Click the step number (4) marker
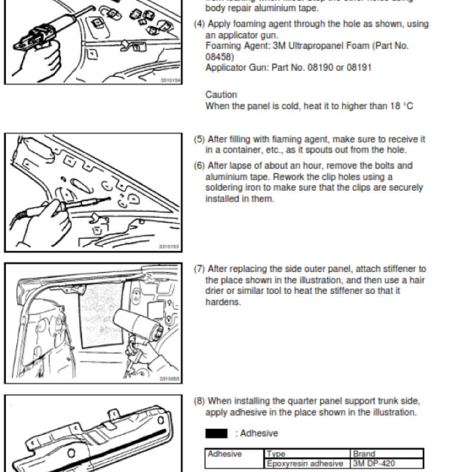tap(199, 24)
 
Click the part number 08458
tap(218, 57)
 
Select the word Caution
tap(221, 94)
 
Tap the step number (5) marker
tap(199, 139)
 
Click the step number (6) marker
tap(199, 166)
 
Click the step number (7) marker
tap(199, 269)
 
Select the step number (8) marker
tap(199, 401)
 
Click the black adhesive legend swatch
tap(217, 434)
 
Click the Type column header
tap(276, 454)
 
